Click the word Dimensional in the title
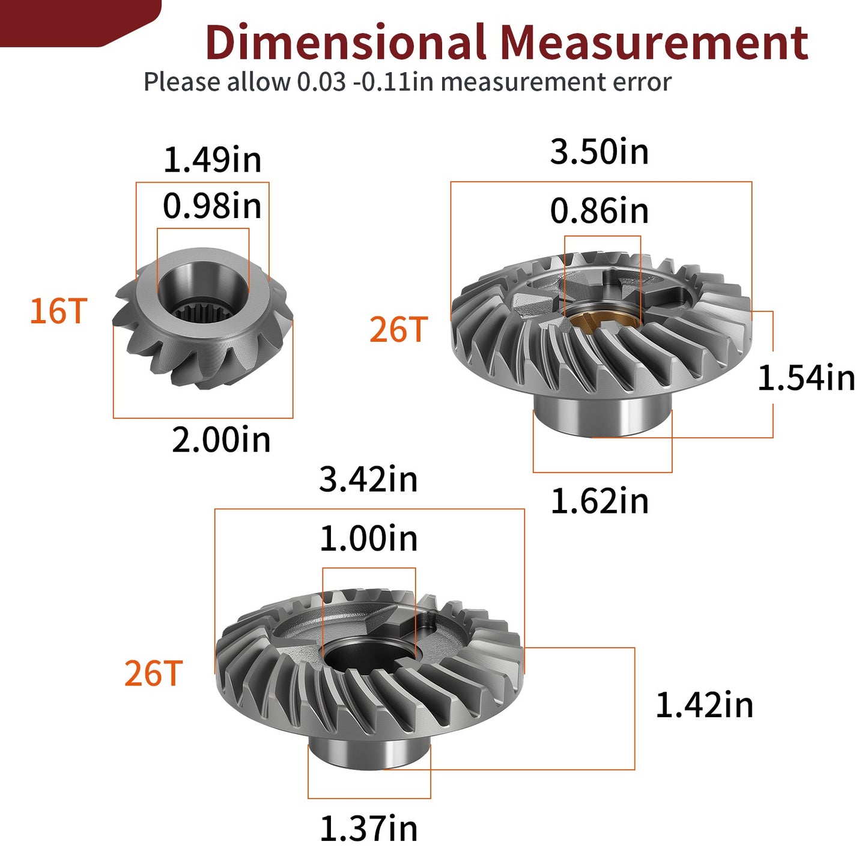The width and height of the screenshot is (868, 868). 346,42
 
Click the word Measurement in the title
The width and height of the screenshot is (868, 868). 655,42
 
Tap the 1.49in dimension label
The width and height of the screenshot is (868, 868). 212,160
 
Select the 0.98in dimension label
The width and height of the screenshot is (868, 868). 212,206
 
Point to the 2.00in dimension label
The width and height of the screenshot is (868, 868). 221,440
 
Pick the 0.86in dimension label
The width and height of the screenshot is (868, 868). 599,211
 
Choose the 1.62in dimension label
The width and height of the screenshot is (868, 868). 599,501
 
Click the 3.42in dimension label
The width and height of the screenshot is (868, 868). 368,479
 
